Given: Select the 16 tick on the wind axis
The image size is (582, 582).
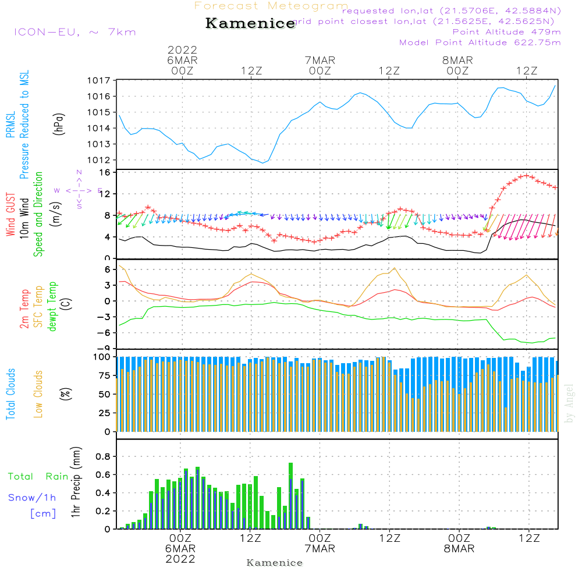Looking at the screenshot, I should (105, 172).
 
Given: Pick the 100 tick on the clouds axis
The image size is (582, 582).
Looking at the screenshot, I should (102, 356).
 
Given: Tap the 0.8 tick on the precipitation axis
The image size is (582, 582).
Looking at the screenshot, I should (103, 456).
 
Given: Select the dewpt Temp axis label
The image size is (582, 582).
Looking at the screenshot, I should (52, 307).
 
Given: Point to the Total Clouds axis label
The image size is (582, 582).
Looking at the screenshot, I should (10, 393).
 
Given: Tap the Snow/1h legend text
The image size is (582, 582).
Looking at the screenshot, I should (33, 498).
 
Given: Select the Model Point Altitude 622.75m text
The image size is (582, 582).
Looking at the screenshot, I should (480, 42).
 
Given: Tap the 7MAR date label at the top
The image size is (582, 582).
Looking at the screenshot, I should (320, 60).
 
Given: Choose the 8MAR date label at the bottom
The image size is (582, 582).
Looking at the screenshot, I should (459, 549).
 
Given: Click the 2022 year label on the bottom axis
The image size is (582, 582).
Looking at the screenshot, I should (180, 559).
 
